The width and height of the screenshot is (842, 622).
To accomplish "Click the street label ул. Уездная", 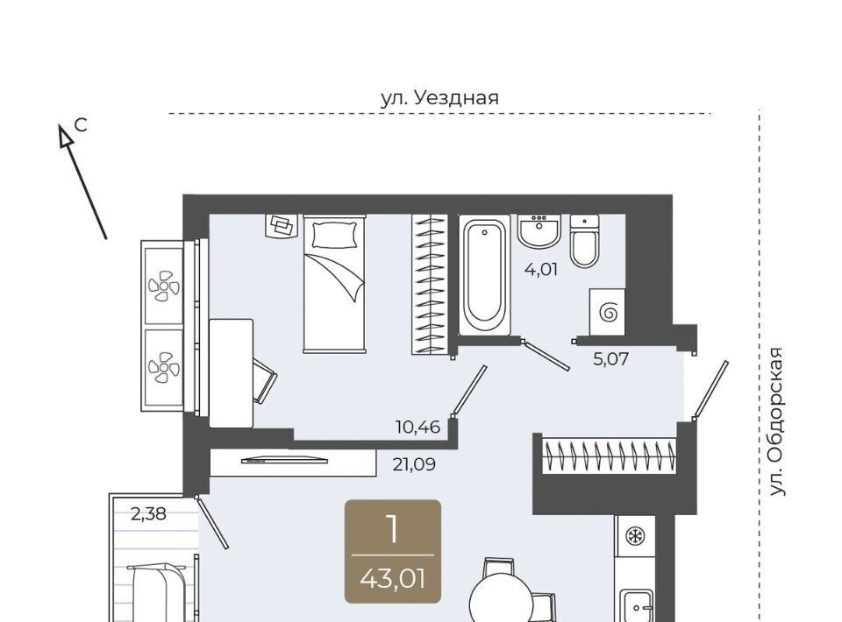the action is pyautogui.click(x=439, y=98).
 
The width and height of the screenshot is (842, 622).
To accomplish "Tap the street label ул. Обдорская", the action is pyautogui.click(x=776, y=421).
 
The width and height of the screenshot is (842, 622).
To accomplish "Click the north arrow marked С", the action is pyautogui.click(x=82, y=181).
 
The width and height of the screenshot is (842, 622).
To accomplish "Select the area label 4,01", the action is pyautogui.click(x=541, y=269).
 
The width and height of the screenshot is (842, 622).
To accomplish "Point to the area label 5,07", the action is pyautogui.click(x=610, y=358).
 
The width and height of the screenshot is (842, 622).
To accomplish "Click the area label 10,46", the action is pyautogui.click(x=417, y=428).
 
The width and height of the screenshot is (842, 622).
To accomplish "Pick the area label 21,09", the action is pyautogui.click(x=414, y=463).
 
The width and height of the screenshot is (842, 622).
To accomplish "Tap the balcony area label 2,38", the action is pyautogui.click(x=149, y=514).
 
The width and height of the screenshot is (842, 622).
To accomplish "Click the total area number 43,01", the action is pyautogui.click(x=393, y=579).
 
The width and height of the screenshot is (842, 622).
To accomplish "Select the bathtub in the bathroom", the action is pyautogui.click(x=484, y=275).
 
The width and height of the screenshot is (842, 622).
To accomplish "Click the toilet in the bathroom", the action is pyautogui.click(x=584, y=241).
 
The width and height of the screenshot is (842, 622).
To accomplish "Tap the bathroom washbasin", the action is pyautogui.click(x=539, y=231).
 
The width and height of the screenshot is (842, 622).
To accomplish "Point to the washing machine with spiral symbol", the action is pyautogui.click(x=607, y=312).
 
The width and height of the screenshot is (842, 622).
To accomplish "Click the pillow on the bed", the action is pyautogui.click(x=334, y=235).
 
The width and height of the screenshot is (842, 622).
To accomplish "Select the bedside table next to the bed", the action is pyautogui.click(x=282, y=226).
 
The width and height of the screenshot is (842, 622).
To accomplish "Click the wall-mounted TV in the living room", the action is pyautogui.click(x=284, y=460).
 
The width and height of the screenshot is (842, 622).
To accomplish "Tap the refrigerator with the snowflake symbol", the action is pyautogui.click(x=635, y=536).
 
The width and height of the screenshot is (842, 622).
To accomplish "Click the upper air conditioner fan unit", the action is pyautogui.click(x=164, y=286).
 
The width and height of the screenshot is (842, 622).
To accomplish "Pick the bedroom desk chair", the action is pyautogui.click(x=265, y=380).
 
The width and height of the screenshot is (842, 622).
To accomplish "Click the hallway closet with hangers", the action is pyautogui.click(x=609, y=456).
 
